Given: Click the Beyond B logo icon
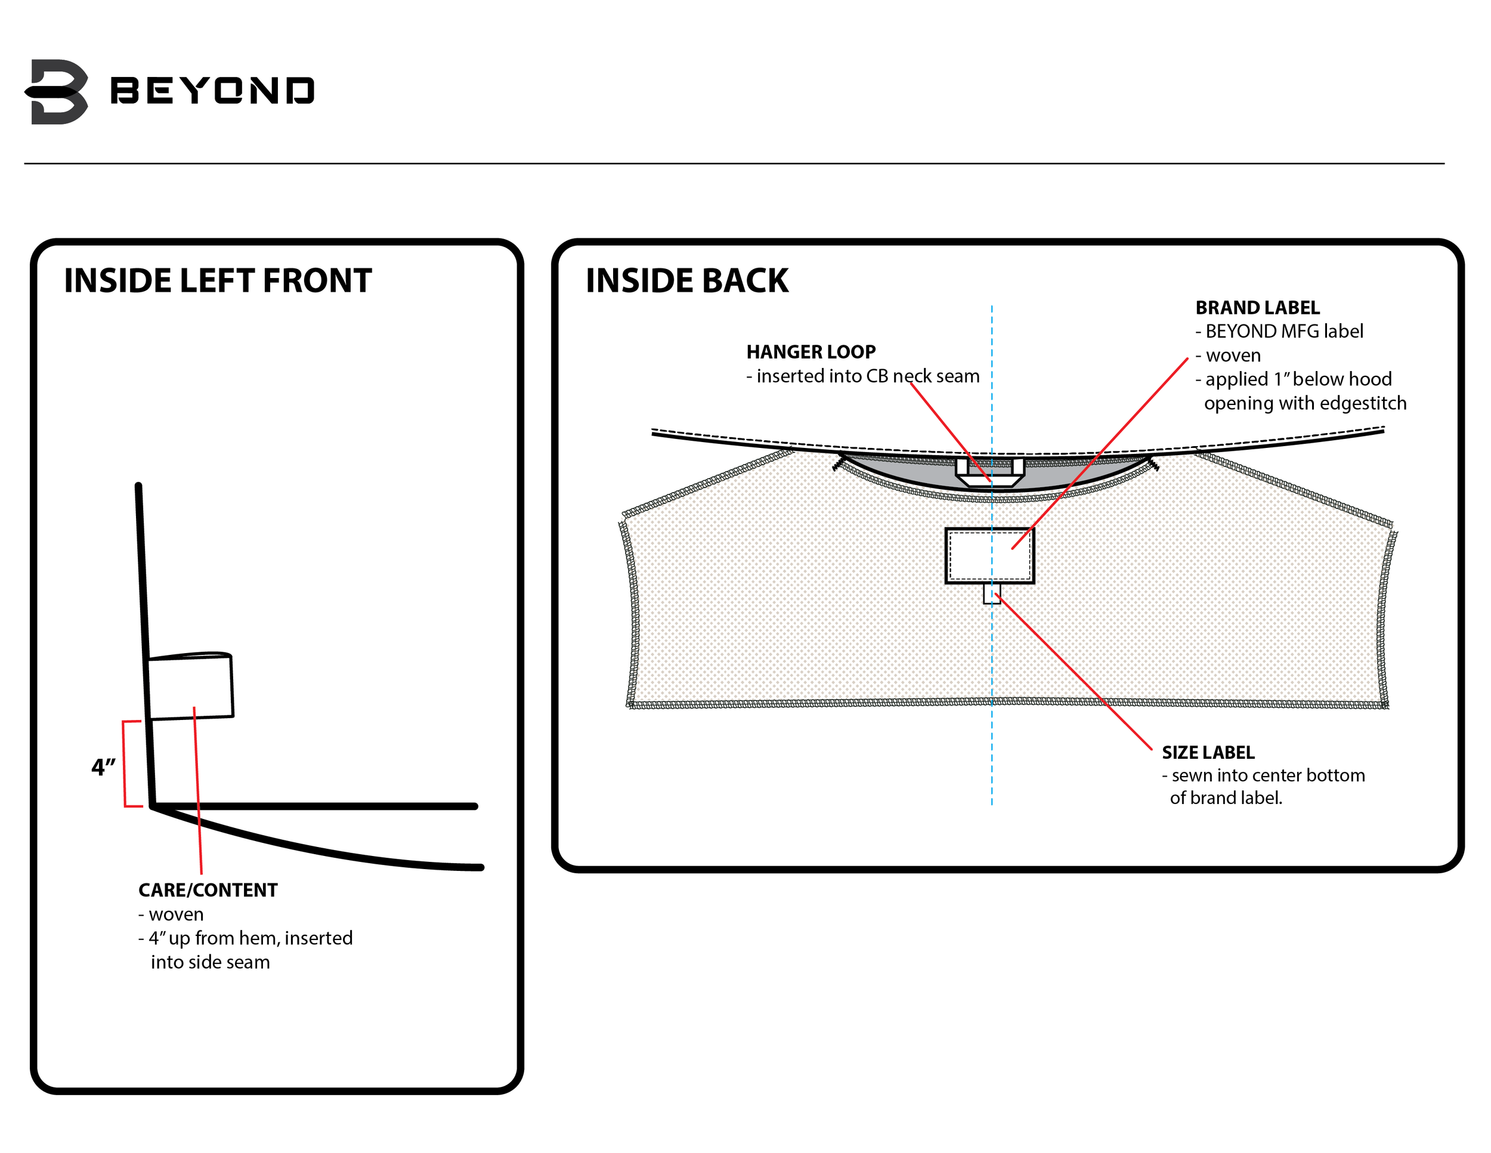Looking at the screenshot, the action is pyautogui.click(x=57, y=91).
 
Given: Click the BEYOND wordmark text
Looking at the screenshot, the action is pyautogui.click(x=212, y=91).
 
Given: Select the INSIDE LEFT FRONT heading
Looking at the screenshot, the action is pyautogui.click(x=218, y=280).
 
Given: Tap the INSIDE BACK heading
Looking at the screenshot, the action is pyautogui.click(x=687, y=280).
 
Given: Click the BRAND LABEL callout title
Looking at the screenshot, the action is pyautogui.click(x=1258, y=308).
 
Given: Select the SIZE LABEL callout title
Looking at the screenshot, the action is pyautogui.click(x=1208, y=752).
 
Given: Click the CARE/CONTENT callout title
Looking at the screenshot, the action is pyautogui.click(x=208, y=890).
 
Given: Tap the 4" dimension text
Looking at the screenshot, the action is pyautogui.click(x=103, y=767).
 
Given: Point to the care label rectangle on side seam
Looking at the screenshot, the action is pyautogui.click(x=190, y=686).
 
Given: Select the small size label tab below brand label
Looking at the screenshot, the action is pyautogui.click(x=992, y=593).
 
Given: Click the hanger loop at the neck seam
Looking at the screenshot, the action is pyautogui.click(x=990, y=472).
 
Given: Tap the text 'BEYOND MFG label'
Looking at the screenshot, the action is pyautogui.click(x=1284, y=332).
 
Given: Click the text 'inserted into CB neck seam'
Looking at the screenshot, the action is pyautogui.click(x=868, y=376).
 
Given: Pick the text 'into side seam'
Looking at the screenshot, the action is pyautogui.click(x=211, y=963).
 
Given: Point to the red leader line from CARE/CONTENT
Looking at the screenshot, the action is pyautogui.click(x=198, y=790).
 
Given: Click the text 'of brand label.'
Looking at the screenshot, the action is pyautogui.click(x=1226, y=798).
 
